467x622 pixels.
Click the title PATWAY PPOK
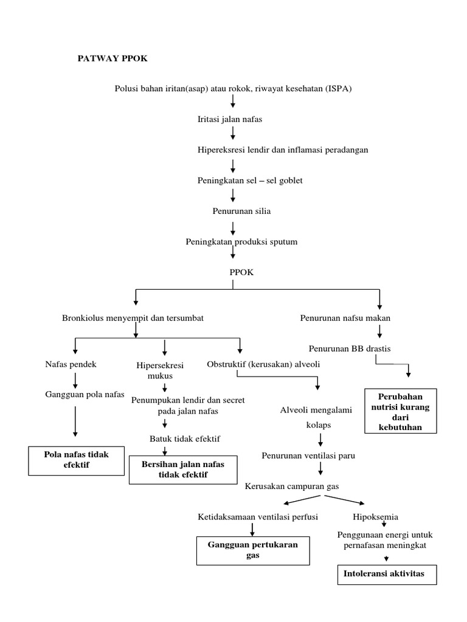[x=112, y=59]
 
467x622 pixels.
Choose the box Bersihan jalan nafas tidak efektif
[x=183, y=469]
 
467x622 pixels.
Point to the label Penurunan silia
[x=232, y=211]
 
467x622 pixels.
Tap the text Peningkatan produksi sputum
[x=241, y=242]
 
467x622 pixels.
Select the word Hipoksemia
[x=376, y=517]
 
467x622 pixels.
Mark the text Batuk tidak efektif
[x=185, y=439]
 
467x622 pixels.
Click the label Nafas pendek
[x=71, y=364]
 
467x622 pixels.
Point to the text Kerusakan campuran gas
[x=292, y=487]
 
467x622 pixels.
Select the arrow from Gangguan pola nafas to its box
[x=75, y=421]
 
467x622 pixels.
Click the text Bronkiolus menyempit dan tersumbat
[x=133, y=318]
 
